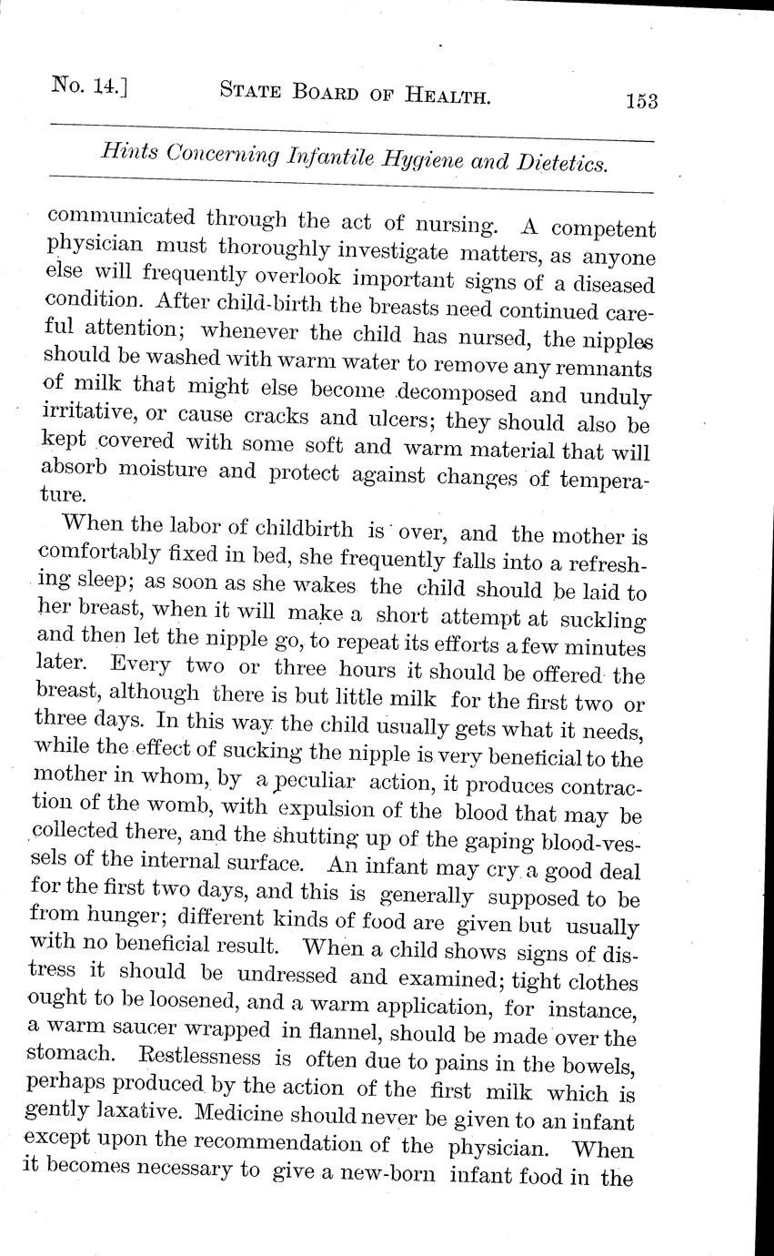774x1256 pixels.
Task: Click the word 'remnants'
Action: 608,370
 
